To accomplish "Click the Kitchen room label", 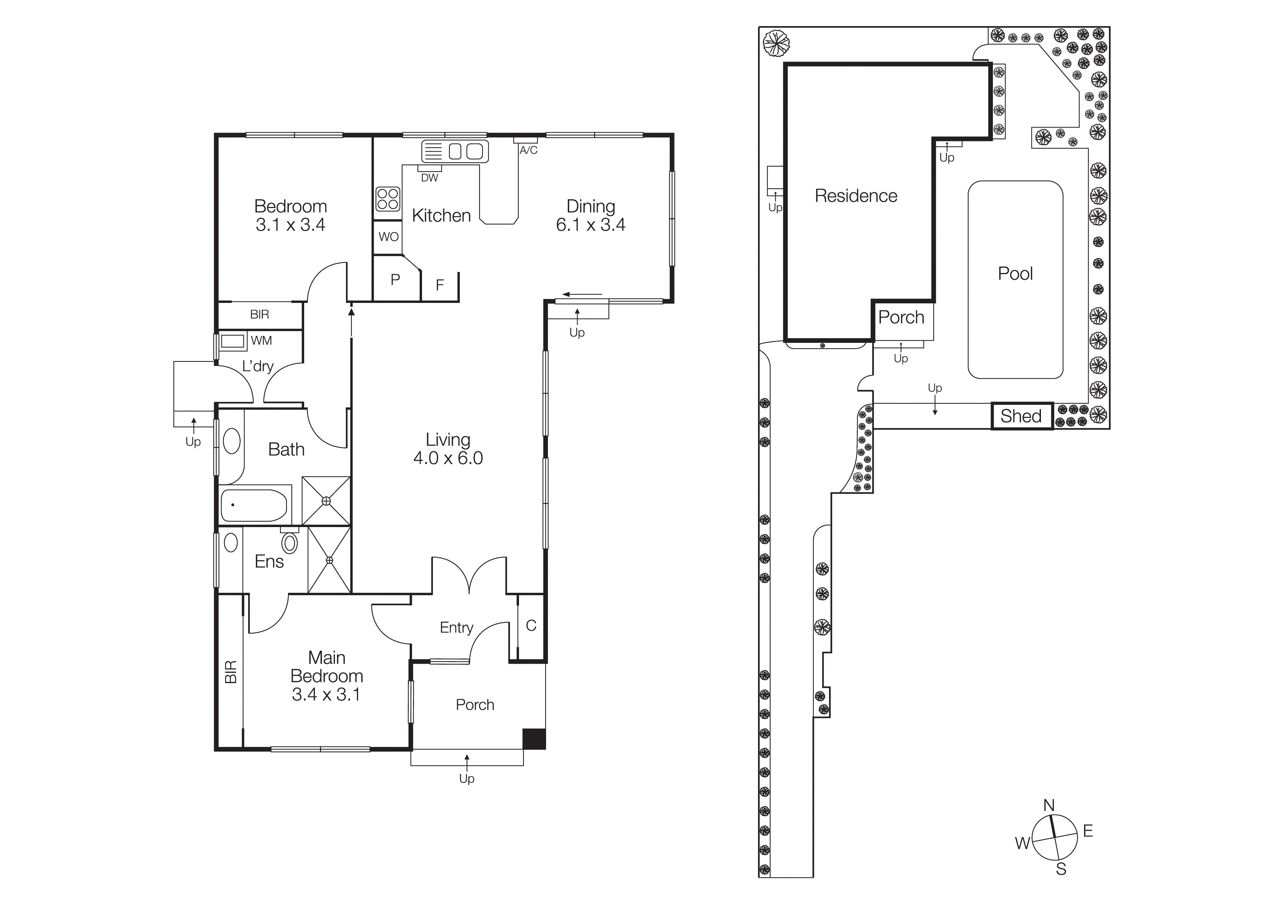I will (441, 215).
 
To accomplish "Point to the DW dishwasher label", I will (429, 178).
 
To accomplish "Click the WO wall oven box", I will (388, 237).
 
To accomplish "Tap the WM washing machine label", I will (261, 341).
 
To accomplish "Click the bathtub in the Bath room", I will (254, 505).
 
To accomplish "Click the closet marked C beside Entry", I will (531, 626).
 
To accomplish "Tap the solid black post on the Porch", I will (534, 738).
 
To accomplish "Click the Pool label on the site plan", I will (1015, 274).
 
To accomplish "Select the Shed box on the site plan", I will (1021, 416).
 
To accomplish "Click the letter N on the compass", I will (1049, 805).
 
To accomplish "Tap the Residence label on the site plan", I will (856, 196).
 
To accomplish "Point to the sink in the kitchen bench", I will (465, 151).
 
